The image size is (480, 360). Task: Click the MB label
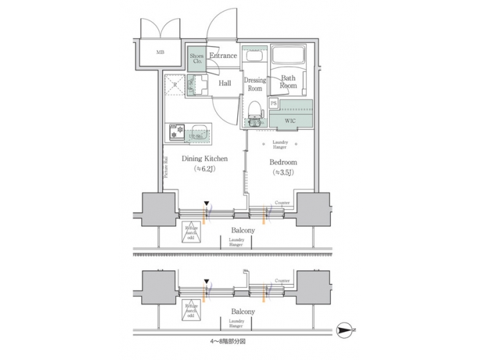(160, 53)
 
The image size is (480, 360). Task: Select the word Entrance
(223, 56)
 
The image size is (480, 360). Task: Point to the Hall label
(225, 83)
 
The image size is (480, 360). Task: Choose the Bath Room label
(288, 82)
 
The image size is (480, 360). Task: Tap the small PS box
(274, 103)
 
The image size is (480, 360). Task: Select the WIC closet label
(291, 121)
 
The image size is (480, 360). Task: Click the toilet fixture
(253, 113)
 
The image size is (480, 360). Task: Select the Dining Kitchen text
(206, 159)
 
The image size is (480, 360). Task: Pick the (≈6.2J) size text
(206, 169)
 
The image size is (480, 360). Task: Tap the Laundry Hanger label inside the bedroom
(281, 146)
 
